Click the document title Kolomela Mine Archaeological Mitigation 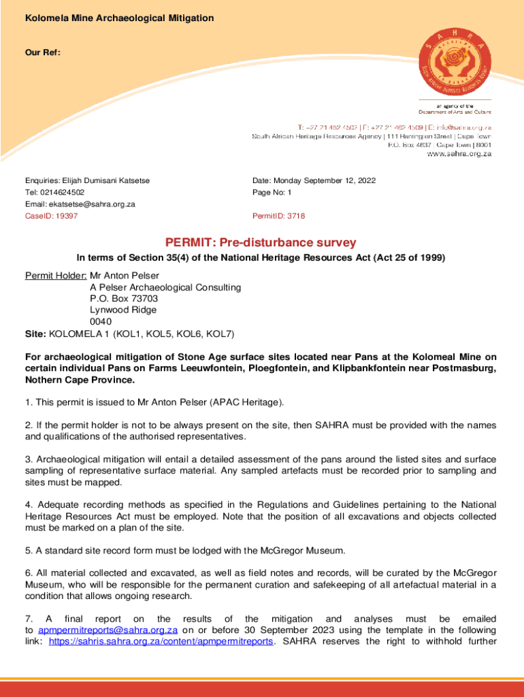(x=119, y=18)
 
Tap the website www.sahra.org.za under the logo (x=459, y=155)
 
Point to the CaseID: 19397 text (x=51, y=216)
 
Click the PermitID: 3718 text (x=278, y=216)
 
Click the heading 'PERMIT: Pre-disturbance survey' (x=261, y=242)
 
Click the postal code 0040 (x=101, y=321)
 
